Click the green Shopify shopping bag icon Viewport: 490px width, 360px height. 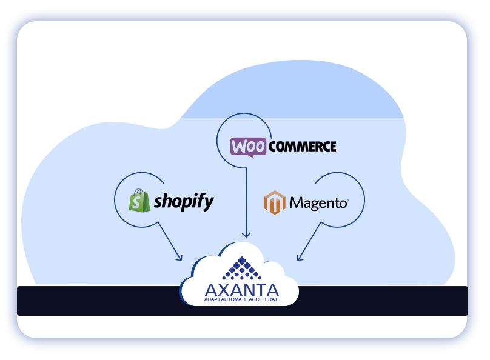click(x=139, y=200)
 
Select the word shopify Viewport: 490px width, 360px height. click(x=184, y=201)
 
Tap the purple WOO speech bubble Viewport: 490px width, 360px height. click(x=247, y=147)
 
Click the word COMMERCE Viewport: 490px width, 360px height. click(x=301, y=146)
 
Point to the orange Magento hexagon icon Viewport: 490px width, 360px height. click(x=274, y=202)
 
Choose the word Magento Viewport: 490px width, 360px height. click(x=319, y=202)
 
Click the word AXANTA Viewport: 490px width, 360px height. click(x=242, y=290)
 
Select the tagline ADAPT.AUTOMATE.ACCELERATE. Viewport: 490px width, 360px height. click(x=242, y=300)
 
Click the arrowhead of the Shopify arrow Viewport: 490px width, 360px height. click(x=180, y=259)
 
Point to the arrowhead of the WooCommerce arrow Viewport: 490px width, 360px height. click(x=246, y=236)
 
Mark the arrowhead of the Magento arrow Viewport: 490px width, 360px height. click(x=298, y=259)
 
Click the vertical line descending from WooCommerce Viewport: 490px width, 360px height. click(x=246, y=200)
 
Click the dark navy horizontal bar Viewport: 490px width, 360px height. click(x=91, y=301)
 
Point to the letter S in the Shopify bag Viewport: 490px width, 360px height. click(x=139, y=202)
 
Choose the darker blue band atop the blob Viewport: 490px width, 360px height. click(x=291, y=97)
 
